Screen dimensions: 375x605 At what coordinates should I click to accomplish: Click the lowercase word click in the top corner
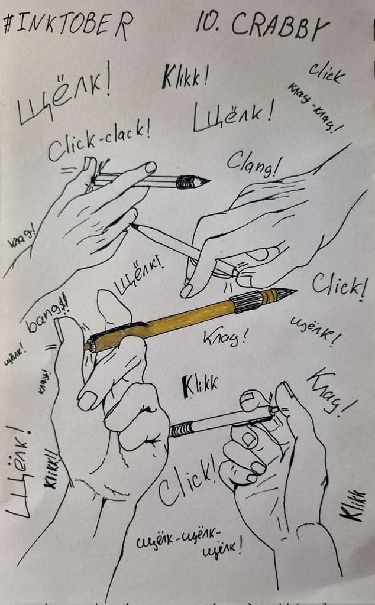pyautogui.click(x=326, y=73)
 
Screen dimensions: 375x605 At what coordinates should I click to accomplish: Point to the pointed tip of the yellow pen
pyautogui.click(x=290, y=291)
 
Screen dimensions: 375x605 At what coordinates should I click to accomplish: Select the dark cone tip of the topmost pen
pyautogui.click(x=202, y=181)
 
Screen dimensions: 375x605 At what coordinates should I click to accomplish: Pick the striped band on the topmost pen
pyautogui.click(x=185, y=181)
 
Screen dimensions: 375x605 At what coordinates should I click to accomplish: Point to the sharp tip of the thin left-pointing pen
pyautogui.click(x=132, y=225)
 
